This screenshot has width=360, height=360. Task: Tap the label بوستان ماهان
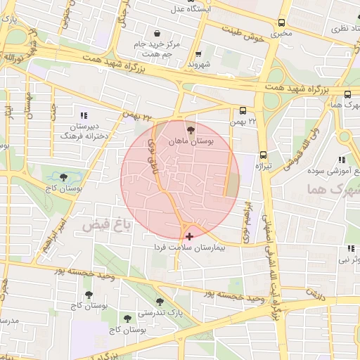pos(190,141)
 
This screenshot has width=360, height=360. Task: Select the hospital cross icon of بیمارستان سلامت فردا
pos(189,236)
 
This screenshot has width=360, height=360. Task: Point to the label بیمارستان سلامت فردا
pos(190,248)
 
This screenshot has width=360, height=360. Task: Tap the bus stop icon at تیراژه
pos(264,154)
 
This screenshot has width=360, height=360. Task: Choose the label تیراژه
pos(263,166)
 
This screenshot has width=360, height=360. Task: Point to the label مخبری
pos(281,32)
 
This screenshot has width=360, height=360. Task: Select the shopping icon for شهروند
pos(198,53)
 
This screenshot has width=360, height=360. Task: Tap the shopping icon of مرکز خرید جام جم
pos(156,33)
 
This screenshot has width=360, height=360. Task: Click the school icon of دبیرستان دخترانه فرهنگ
pos(84,115)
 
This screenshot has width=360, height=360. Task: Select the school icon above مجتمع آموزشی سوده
pos(342,160)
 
